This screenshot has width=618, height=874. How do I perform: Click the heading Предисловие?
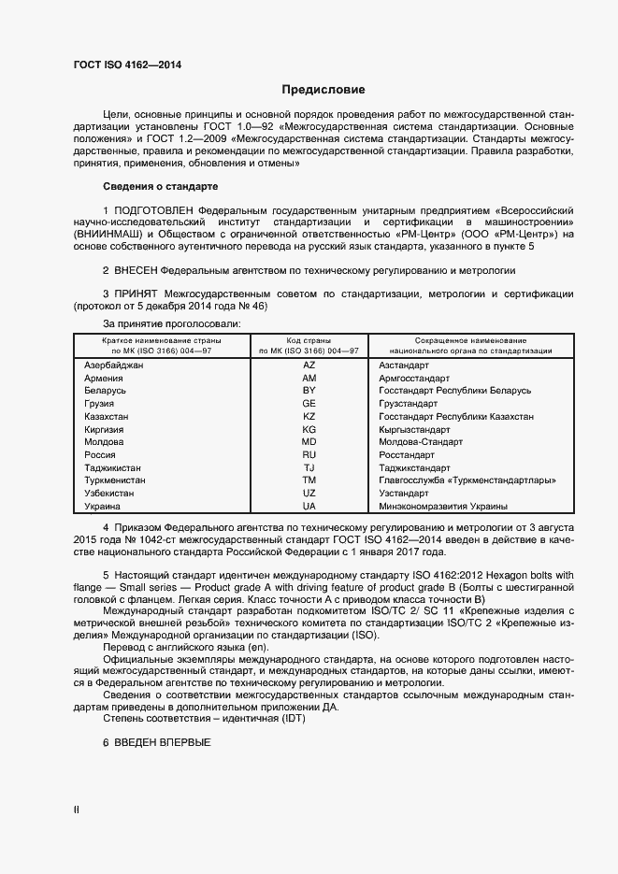coord(323,90)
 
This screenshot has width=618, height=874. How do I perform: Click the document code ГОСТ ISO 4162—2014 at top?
coord(127,64)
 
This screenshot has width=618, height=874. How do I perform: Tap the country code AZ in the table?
coord(309,364)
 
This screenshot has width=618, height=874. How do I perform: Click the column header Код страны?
coord(309,339)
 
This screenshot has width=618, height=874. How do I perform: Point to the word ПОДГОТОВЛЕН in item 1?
coord(156,211)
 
